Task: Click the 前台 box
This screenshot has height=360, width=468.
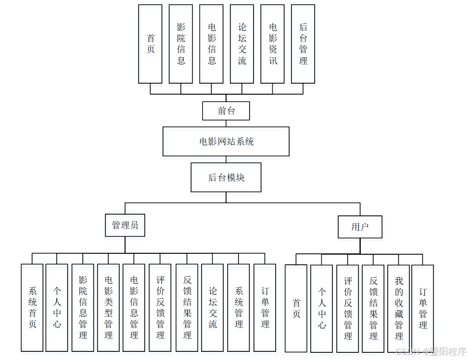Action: tap(226, 111)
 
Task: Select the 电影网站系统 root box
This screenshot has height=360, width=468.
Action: tap(226, 141)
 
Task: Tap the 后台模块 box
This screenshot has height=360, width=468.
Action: tap(226, 177)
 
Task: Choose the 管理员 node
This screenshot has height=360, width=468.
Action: tap(125, 225)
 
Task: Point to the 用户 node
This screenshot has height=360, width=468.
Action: tap(360, 227)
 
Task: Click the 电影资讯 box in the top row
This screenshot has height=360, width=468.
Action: tap(273, 44)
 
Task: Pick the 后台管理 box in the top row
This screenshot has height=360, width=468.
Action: tap(303, 44)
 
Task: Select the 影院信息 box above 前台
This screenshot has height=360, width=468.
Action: tap(181, 44)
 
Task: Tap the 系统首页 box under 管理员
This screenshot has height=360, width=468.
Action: tap(32, 307)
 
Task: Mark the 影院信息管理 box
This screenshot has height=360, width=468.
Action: tap(83, 307)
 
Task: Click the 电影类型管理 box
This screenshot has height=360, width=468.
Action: tap(109, 307)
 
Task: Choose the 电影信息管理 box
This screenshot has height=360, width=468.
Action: tap(134, 307)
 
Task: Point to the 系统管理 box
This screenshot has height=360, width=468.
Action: tap(239, 307)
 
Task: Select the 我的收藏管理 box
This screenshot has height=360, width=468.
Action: tap(399, 308)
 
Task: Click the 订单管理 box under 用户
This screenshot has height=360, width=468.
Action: tap(423, 308)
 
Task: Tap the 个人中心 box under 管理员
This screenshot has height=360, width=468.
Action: tap(57, 307)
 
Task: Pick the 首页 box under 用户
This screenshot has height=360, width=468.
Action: tap(296, 308)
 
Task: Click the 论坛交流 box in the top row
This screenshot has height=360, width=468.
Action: tap(242, 44)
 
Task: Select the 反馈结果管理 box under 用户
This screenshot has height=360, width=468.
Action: tap(373, 308)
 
